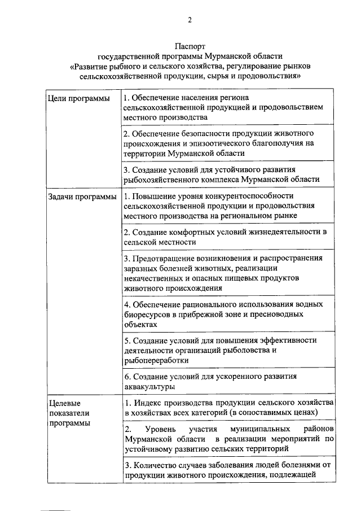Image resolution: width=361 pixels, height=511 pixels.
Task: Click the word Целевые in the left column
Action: [x=63, y=403]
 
